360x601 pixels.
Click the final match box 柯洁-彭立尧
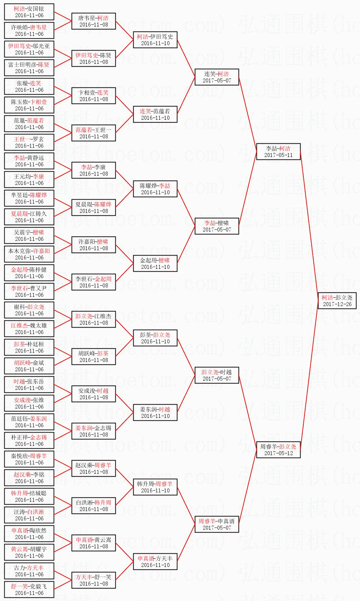pyautogui.click(x=337, y=300)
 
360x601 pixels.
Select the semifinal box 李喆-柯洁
pyautogui.click(x=278, y=151)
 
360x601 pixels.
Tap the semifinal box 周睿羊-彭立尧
pyautogui.click(x=278, y=449)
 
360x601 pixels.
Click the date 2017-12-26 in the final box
pyautogui.click(x=337, y=304)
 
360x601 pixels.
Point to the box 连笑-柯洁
pyautogui.click(x=217, y=77)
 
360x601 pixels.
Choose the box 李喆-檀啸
pyautogui.click(x=217, y=226)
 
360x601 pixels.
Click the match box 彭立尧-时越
pyautogui.click(x=217, y=375)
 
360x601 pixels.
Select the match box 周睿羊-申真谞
pyautogui.click(x=217, y=524)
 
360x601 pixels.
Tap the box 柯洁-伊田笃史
pyautogui.click(x=155, y=39)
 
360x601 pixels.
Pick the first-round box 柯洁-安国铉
pyautogui.click(x=29, y=11)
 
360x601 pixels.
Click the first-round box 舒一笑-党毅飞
pyautogui.click(x=29, y=589)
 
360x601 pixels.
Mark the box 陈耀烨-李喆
pyautogui.click(x=155, y=189)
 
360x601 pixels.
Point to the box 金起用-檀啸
pyautogui.click(x=155, y=263)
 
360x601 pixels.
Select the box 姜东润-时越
pyautogui.click(x=155, y=412)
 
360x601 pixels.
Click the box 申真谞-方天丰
pyautogui.click(x=155, y=561)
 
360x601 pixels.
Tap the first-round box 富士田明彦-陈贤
pyautogui.click(x=29, y=67)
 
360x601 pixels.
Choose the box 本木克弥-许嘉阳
pyautogui.click(x=29, y=254)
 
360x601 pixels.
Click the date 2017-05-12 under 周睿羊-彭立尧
pyautogui.click(x=278, y=453)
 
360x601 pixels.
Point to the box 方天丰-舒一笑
pyautogui.click(x=93, y=580)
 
